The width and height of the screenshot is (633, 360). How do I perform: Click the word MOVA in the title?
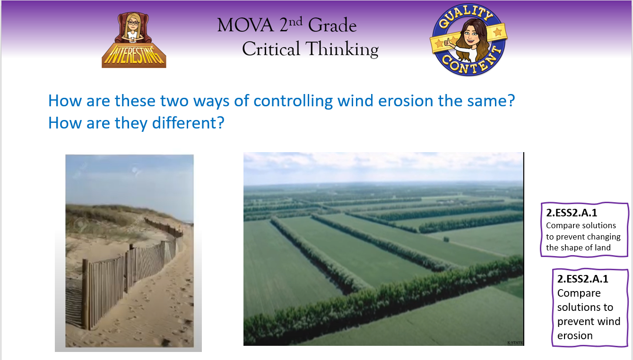[x=245, y=25]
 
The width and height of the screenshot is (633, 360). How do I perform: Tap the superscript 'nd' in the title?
[x=295, y=21]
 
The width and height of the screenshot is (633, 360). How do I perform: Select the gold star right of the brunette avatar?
[x=497, y=32]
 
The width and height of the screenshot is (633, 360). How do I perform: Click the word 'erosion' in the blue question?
[x=406, y=101]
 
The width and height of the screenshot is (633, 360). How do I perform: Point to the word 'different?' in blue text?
[x=188, y=123]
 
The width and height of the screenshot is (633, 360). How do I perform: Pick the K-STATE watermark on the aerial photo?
[x=515, y=343]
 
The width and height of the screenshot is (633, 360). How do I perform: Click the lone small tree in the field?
[x=446, y=240]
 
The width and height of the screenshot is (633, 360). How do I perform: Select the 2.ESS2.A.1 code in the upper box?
[x=572, y=213]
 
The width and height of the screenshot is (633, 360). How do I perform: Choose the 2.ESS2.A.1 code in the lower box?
[x=582, y=279]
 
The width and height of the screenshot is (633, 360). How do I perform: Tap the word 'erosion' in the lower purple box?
[x=575, y=336]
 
